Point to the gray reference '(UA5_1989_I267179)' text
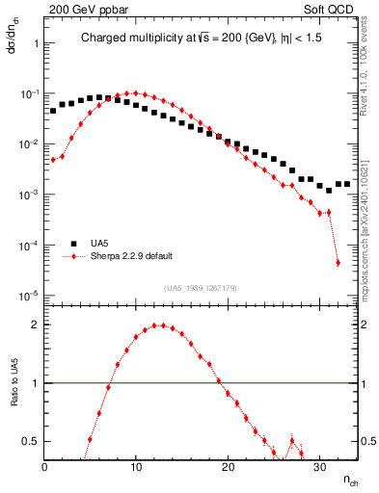[201, 288]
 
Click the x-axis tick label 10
[136, 467]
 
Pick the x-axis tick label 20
[228, 467]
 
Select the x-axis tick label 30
[319, 467]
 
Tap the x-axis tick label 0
[45, 467]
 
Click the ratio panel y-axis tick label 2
[35, 324]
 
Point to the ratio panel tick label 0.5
[30, 441]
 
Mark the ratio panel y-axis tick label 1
[35, 383]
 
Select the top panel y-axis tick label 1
[35, 44]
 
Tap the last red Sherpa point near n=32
[338, 262]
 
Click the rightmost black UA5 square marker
[347, 184]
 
